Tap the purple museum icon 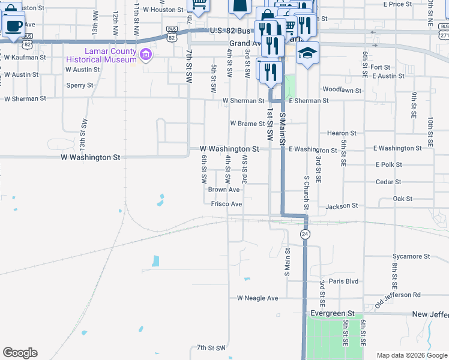tap(145, 56)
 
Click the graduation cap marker tap(308, 53)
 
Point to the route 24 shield tap(305, 234)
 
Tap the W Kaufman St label tap(25, 58)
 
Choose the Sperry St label tap(80, 85)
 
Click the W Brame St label tap(247, 124)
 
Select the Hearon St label tap(342, 133)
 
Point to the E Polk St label tap(388, 164)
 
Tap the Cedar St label tap(387, 182)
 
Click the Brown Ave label tap(224, 190)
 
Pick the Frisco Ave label tap(226, 204)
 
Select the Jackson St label tap(342, 206)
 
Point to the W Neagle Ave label tap(258, 298)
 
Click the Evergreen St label tap(333, 314)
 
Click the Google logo tap(20, 353)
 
